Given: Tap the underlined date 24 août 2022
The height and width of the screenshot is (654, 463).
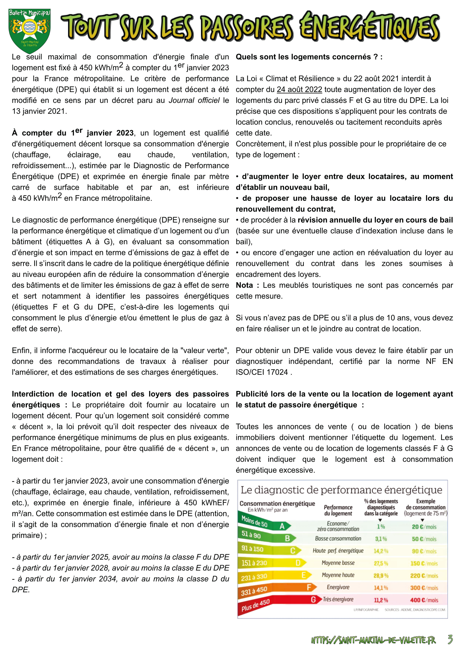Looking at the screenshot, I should pos(299,89).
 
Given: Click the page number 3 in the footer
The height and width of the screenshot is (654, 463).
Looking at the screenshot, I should pos(450,639).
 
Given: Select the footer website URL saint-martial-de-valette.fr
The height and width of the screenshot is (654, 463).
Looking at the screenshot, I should pos(373,640).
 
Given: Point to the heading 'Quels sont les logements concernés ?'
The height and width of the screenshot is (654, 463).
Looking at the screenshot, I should pos(309,57).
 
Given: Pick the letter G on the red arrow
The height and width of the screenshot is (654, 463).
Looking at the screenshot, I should pos(313,600).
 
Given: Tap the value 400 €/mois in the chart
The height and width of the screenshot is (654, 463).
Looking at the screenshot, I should pos(424,600).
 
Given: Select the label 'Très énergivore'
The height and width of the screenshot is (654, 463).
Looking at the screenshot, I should pos(338,599).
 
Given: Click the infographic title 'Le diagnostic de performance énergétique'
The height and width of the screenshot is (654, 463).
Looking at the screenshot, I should pos(341,490).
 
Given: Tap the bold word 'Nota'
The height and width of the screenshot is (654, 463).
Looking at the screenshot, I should pos(244,285).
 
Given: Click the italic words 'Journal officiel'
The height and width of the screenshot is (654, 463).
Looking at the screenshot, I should pos(194,100).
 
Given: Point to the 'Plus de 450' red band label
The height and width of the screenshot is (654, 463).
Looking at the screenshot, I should pos(255,605).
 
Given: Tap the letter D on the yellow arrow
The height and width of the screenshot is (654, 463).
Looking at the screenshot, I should pos(298,563).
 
